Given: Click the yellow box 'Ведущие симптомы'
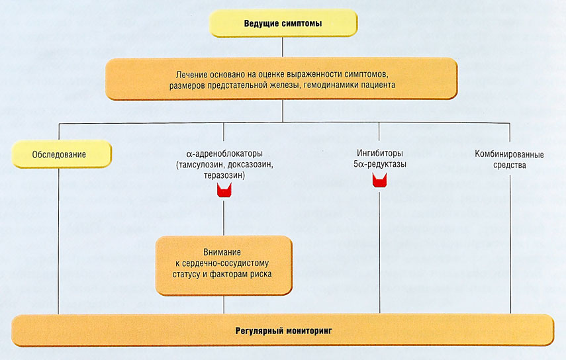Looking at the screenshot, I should [x=283, y=24].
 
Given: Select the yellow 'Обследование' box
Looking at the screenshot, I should [x=60, y=156].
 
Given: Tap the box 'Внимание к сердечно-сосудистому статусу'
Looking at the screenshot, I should [x=224, y=265].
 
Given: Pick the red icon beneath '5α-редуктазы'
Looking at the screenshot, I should [x=379, y=180].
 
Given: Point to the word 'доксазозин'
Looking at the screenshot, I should [x=249, y=165].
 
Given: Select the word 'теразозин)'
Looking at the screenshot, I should [x=224, y=175].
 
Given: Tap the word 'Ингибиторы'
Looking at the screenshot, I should [x=379, y=154].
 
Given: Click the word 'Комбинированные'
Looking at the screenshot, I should [x=510, y=154].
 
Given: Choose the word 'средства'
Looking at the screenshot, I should [x=510, y=165].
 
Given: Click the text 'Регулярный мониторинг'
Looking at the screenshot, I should [x=283, y=330].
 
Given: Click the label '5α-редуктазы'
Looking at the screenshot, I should [x=379, y=165].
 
